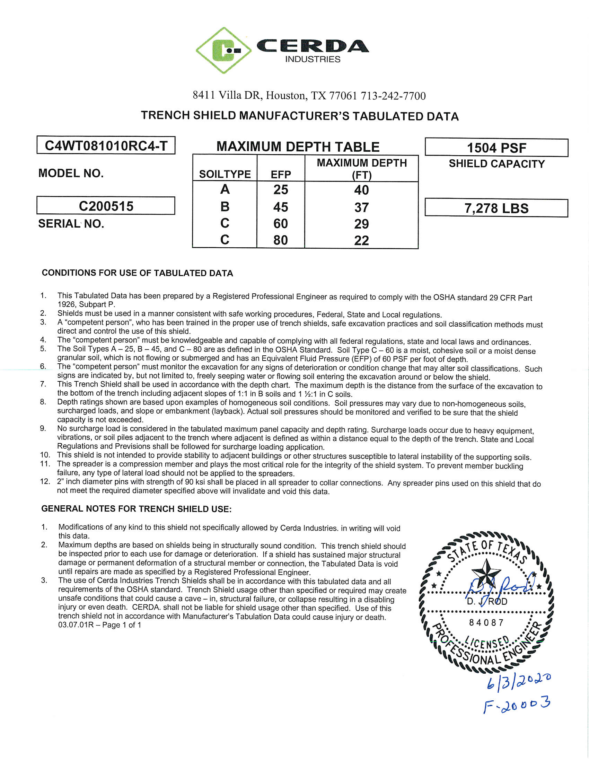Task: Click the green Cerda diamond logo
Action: click(x=224, y=50)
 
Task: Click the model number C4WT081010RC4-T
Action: click(x=106, y=145)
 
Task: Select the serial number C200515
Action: click(x=106, y=206)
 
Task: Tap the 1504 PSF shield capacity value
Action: click(x=496, y=148)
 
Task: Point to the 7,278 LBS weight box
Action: click(x=496, y=208)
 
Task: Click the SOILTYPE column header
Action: click(x=225, y=174)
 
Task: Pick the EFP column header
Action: click(x=281, y=174)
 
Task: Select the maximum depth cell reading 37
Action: click(x=361, y=207)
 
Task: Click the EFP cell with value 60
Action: click(x=281, y=224)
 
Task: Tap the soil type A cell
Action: click(x=225, y=189)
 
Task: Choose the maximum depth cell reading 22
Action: click(x=361, y=240)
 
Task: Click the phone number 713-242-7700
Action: click(x=393, y=96)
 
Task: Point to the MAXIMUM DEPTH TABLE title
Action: click(x=298, y=147)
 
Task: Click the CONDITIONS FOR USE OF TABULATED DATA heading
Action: click(x=138, y=273)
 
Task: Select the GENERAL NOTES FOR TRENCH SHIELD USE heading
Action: click(x=137, y=509)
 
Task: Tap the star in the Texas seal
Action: click(x=485, y=571)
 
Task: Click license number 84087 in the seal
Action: click(x=486, y=623)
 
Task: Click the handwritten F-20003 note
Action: click(x=517, y=705)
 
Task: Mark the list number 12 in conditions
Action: click(x=45, y=482)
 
